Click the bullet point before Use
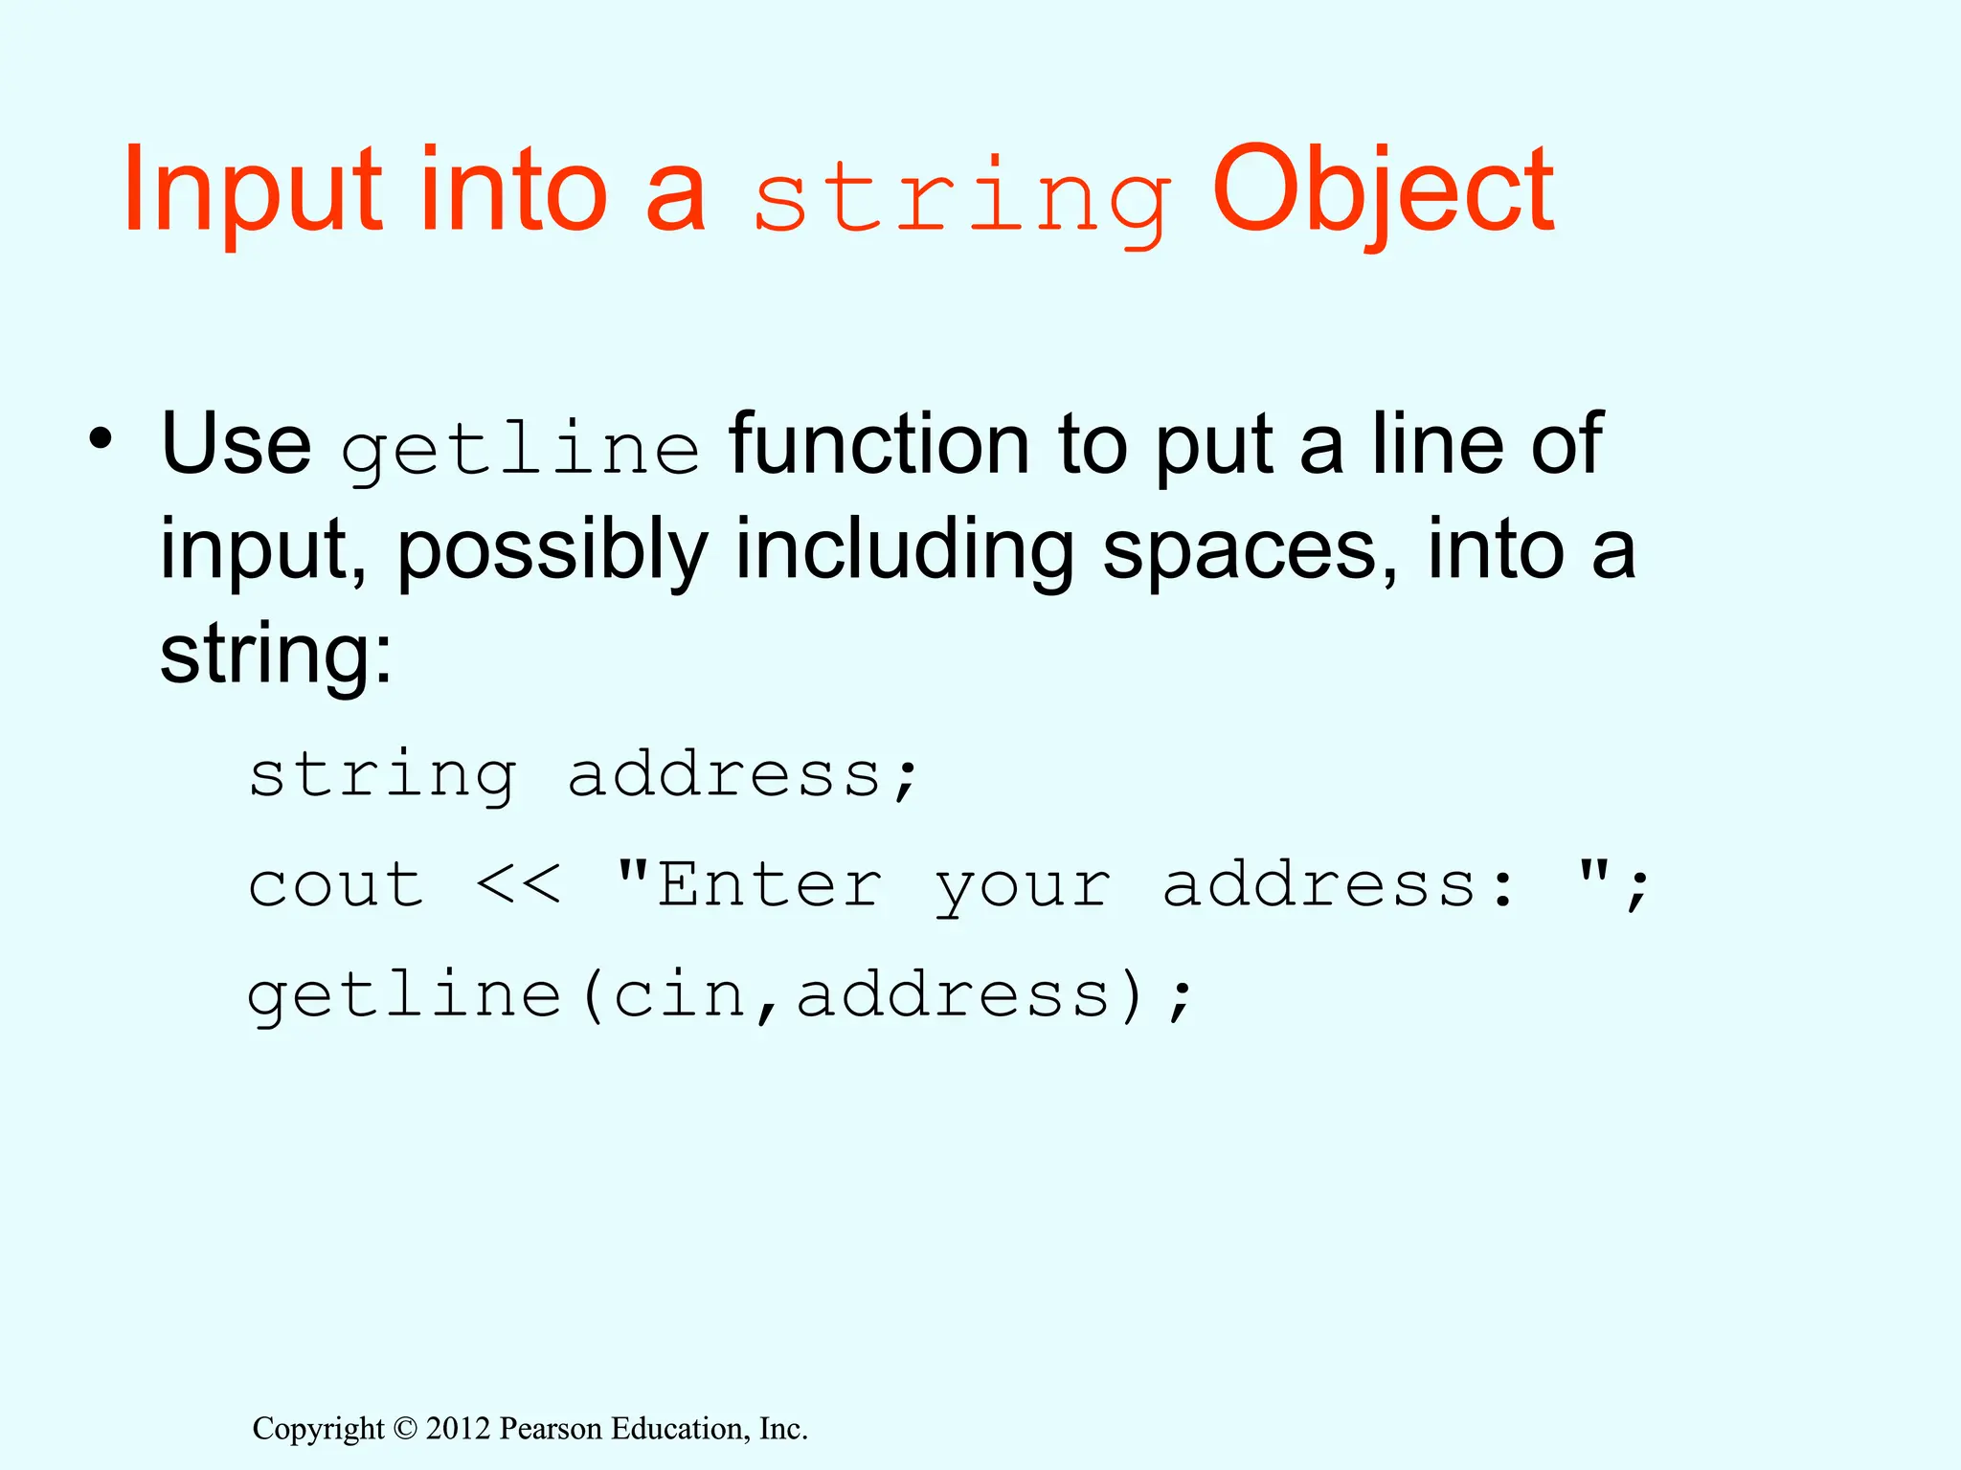pos(100,440)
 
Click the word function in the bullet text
pos(878,444)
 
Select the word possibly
pos(552,552)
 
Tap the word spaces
pos(1249,552)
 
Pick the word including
pos(904,552)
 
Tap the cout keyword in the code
pos(336,884)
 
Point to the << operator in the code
pos(518,884)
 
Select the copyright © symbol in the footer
pos(405,1429)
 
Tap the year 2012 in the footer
pos(458,1429)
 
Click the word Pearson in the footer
pos(551,1429)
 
